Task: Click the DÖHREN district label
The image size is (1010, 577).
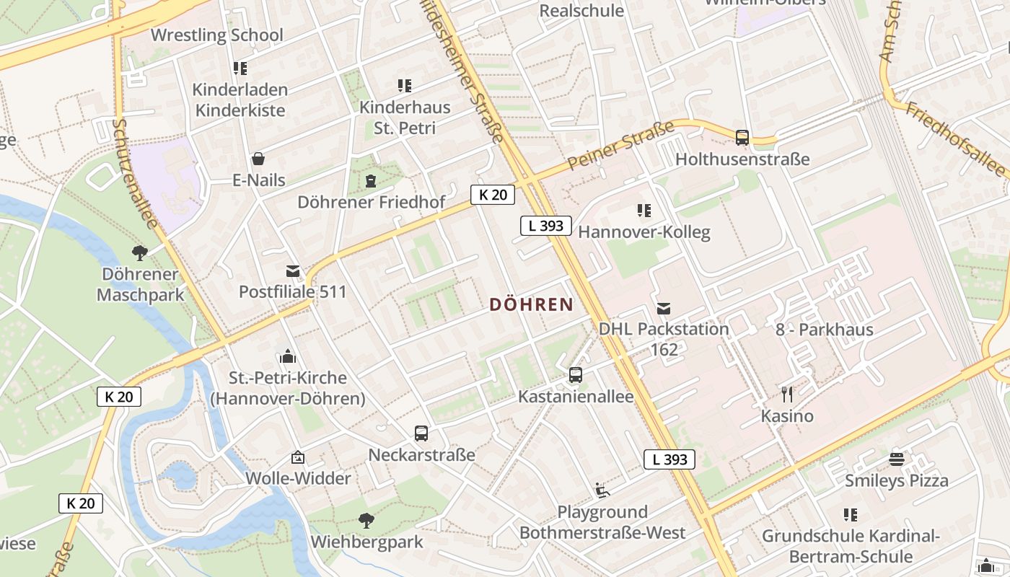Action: pos(531,305)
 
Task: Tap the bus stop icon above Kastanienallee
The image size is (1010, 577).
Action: pos(576,375)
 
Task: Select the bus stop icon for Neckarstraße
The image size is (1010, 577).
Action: pos(421,433)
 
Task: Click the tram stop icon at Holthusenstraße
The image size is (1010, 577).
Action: pos(742,137)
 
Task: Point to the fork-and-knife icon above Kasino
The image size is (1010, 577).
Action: pos(787,394)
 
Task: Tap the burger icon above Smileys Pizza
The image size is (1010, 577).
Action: pos(897,459)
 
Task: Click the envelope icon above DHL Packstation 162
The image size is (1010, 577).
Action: pos(664,309)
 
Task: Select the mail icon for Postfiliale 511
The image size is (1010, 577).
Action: pos(293,271)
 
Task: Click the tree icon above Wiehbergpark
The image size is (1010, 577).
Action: pos(366,520)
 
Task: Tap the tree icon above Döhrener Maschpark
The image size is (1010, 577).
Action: pos(140,252)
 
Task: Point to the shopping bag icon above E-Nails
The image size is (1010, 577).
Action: pos(258,159)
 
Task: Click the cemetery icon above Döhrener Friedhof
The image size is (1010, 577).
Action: pos(371,180)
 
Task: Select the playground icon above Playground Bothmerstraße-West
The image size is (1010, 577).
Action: pos(602,490)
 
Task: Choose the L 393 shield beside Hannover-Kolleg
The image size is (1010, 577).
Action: pos(546,226)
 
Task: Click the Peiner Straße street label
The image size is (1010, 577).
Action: pos(620,146)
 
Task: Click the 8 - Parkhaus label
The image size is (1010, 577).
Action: pos(825,330)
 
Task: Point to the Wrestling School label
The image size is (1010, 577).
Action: pos(216,35)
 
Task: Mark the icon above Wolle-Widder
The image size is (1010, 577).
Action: pos(298,457)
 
